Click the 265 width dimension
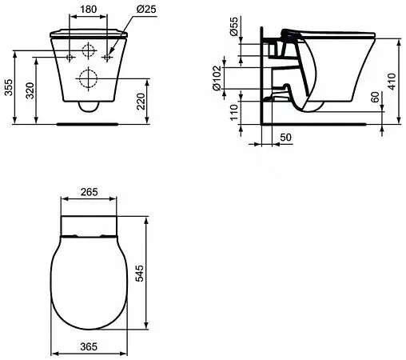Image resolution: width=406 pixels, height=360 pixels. coord(90,191)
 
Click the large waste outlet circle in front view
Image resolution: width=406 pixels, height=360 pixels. coord(87,78)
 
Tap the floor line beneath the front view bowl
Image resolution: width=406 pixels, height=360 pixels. coord(87,123)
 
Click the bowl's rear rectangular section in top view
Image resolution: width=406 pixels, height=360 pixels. coord(89,224)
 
